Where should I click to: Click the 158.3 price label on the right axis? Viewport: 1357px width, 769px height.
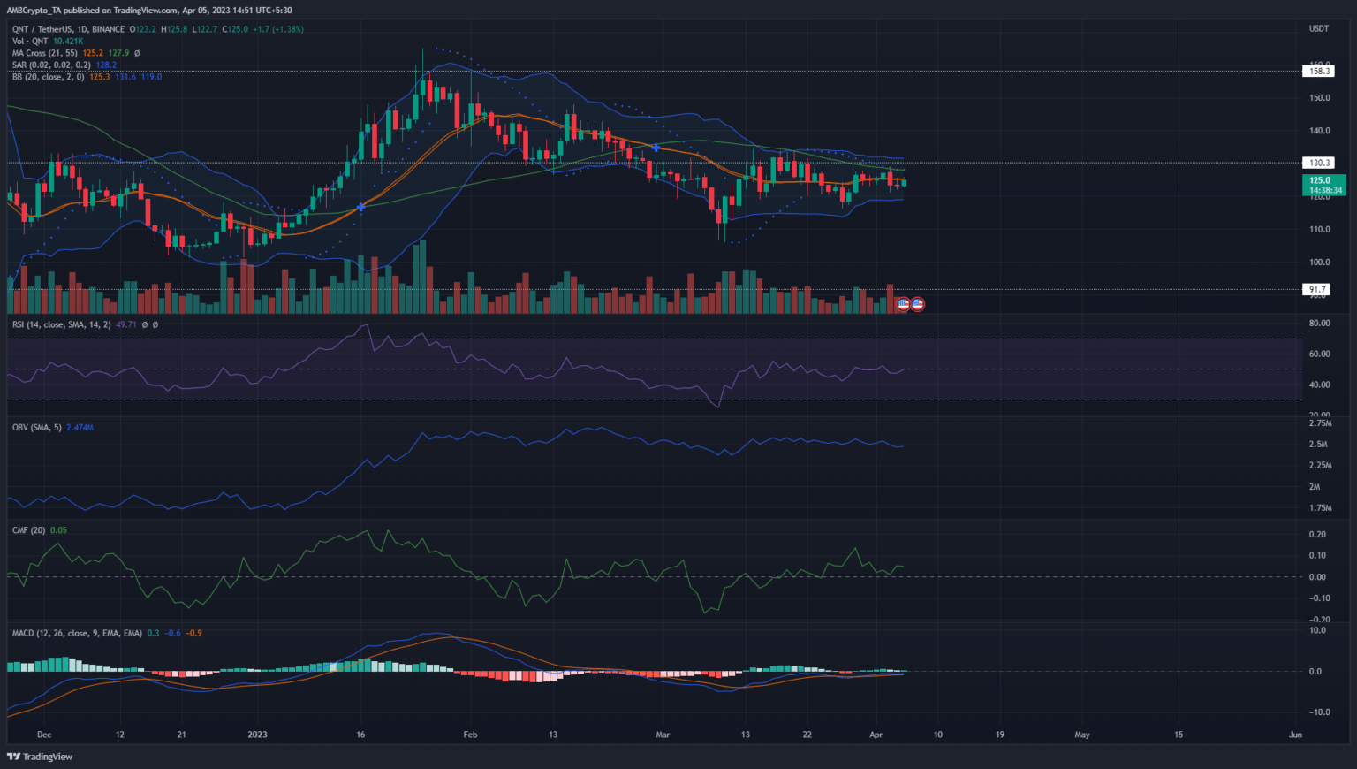[x=1319, y=71]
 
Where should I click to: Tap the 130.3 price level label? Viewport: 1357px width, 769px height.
[x=1319, y=163]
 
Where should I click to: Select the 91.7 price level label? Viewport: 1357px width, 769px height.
[x=1317, y=289]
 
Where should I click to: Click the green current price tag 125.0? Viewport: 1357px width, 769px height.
[x=1323, y=180]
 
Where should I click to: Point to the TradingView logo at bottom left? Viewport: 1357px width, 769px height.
[x=40, y=757]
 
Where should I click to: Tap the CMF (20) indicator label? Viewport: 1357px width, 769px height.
[x=28, y=530]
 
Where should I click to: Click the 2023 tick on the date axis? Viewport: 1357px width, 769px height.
[x=257, y=735]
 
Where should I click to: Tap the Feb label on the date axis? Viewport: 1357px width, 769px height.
[x=470, y=735]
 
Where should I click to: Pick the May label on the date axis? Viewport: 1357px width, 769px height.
[x=1081, y=735]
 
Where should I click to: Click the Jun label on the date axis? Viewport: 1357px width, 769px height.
[x=1295, y=735]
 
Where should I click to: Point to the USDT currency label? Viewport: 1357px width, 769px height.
[x=1318, y=28]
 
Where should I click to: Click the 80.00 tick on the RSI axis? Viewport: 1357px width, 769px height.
[x=1319, y=324]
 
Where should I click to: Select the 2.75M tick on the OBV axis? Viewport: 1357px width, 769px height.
[x=1320, y=424]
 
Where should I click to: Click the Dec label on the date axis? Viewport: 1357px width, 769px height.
[x=44, y=735]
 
